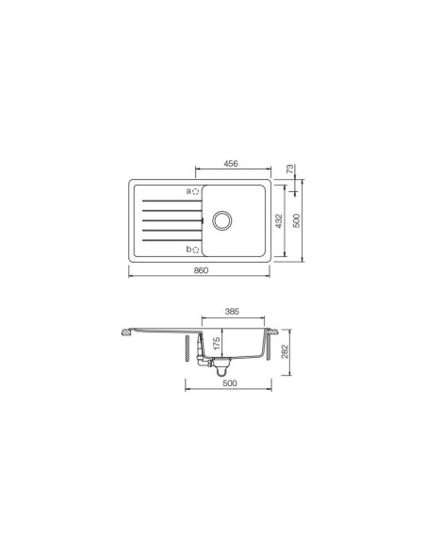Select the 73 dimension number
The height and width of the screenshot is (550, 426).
click(292, 171)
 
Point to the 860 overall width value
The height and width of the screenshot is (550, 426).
click(200, 271)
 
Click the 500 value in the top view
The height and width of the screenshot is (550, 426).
click(297, 220)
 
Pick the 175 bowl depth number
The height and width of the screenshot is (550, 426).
click(218, 344)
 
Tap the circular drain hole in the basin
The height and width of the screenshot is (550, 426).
click(224, 219)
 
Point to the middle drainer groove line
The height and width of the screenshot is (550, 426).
click(170, 220)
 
